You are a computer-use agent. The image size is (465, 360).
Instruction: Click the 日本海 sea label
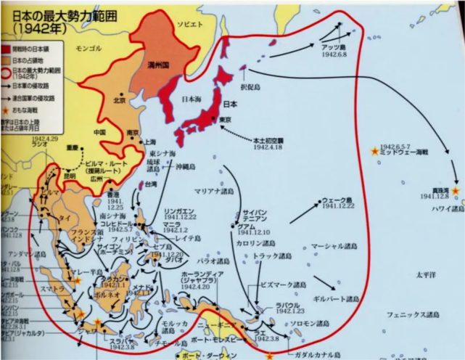coord(192,99)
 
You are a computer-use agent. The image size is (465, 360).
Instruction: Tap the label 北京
coord(120,100)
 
